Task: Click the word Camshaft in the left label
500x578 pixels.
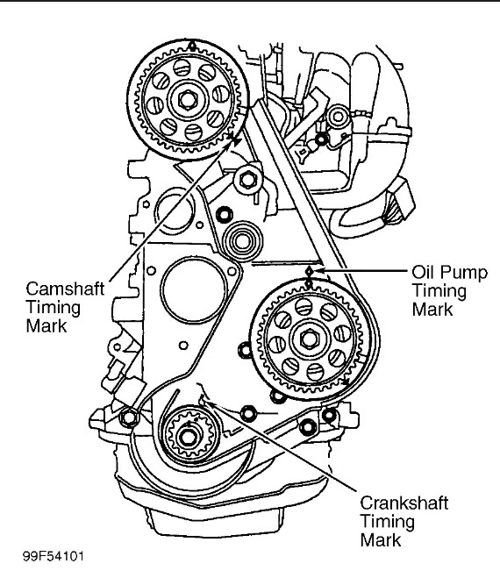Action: click(x=65, y=289)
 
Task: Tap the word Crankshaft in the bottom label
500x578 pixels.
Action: click(x=404, y=503)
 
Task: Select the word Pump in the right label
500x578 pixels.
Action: click(x=464, y=273)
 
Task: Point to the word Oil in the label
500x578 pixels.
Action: click(x=424, y=272)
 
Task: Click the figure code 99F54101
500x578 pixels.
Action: click(x=54, y=556)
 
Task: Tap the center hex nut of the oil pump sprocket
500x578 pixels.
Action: click(x=309, y=339)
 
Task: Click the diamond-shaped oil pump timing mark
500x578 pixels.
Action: click(x=310, y=272)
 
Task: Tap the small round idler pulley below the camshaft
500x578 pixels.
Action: click(x=242, y=242)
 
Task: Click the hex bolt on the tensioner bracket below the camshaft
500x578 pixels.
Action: click(x=246, y=180)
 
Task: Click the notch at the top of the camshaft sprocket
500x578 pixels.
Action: click(x=192, y=46)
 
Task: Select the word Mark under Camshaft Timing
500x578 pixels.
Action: click(x=46, y=326)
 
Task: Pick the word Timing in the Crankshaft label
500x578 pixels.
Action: click(x=387, y=523)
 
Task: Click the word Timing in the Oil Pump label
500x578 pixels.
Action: click(x=439, y=291)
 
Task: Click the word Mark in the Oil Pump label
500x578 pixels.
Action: click(x=432, y=310)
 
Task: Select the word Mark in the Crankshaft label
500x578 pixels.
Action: click(x=381, y=540)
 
